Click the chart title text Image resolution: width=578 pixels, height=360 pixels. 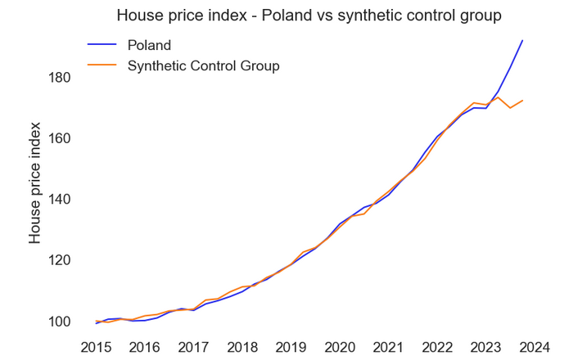tap(309, 16)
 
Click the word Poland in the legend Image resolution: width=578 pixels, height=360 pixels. tap(149, 45)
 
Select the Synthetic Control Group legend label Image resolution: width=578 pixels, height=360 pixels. tap(203, 65)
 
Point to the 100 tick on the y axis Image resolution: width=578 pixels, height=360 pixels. tap(61, 322)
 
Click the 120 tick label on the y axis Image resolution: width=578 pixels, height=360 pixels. tap(61, 260)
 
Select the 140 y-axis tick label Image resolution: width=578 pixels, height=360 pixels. tap(61, 200)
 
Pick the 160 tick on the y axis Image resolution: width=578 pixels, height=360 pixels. tap(61, 138)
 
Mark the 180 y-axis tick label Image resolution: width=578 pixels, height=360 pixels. tap(61, 78)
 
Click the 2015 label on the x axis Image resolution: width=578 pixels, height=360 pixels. tap(96, 347)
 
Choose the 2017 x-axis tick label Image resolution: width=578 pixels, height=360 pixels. tap(194, 347)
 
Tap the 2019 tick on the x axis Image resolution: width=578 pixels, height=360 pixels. tap(291, 347)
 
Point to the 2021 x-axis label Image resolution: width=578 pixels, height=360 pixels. tap(389, 347)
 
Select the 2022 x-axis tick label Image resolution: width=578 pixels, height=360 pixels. tap(437, 347)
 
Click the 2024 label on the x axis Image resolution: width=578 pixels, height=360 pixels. tap(535, 347)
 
